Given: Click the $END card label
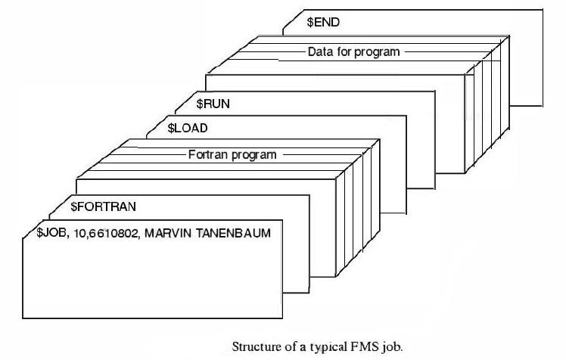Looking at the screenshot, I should coord(323,23).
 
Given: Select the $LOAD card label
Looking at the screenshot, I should coord(187,129).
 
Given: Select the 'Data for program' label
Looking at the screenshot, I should coord(353,52).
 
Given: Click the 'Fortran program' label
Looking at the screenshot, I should coord(232,154).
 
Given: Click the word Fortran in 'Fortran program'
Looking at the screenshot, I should coord(206,154).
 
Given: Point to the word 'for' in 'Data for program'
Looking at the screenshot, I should coord(344,52).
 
